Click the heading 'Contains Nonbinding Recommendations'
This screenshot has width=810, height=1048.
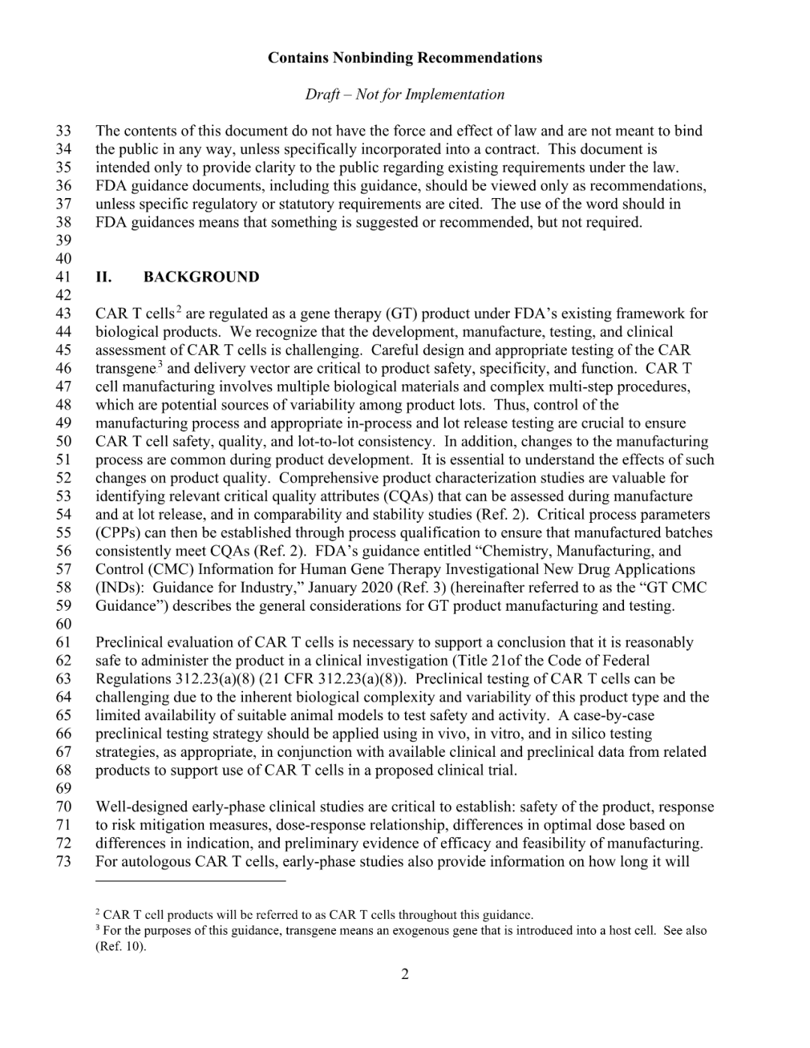tap(404, 58)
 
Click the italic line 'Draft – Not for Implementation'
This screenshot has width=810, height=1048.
tap(404, 95)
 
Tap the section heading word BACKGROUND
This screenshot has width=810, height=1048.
tap(201, 277)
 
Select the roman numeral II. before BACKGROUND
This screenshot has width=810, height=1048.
tap(103, 277)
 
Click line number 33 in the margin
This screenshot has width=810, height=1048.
tap(63, 131)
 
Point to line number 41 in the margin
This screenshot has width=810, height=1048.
tap(63, 277)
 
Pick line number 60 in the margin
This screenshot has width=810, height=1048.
tap(63, 624)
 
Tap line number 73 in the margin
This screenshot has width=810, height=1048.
tap(63, 861)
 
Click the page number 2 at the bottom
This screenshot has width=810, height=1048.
tap(405, 974)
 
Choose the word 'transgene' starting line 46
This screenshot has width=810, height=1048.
tap(125, 369)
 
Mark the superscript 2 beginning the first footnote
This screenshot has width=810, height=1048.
tap(98, 911)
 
